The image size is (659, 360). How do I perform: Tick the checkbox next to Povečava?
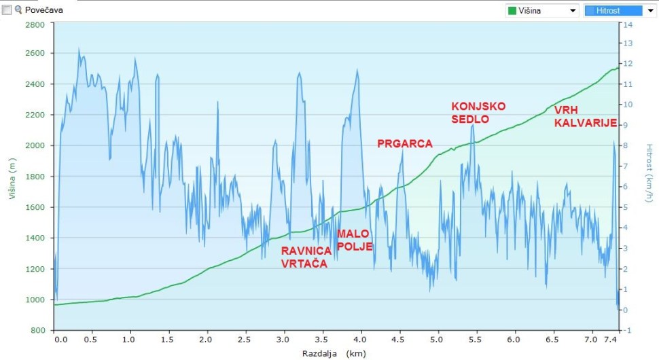tap(7, 10)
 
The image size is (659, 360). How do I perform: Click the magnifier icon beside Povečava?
tap(18, 10)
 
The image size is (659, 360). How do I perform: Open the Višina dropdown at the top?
tap(541, 11)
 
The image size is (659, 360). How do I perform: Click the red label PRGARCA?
tap(404, 143)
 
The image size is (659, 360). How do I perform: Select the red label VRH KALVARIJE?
tap(585, 116)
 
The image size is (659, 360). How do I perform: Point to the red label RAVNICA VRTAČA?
tap(306, 257)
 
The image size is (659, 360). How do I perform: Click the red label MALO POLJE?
tap(354, 240)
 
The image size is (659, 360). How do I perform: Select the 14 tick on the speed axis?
tap(628, 24)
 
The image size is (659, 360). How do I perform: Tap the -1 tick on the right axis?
tap(628, 330)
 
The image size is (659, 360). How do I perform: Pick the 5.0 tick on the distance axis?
tap(438, 338)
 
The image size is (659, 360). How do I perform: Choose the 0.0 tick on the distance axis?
tap(60, 338)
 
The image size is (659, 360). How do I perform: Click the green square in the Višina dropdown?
tap(512, 11)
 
